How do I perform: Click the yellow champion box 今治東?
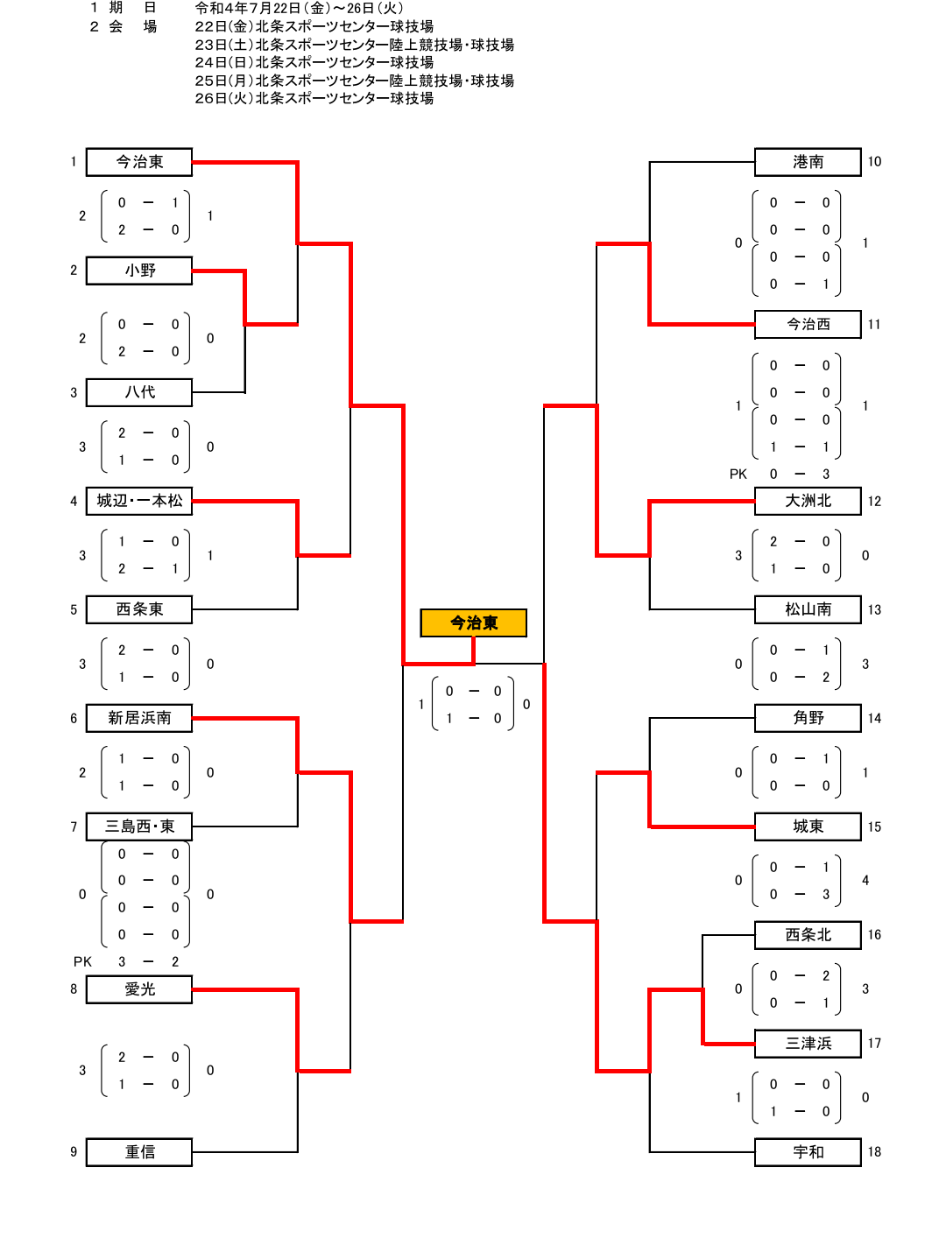[473, 622]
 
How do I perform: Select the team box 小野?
[139, 271]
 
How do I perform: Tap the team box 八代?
[139, 392]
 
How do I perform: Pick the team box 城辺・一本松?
[139, 501]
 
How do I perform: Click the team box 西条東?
[139, 609]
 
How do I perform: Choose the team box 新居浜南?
[139, 718]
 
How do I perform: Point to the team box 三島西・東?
[139, 826]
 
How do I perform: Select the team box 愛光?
[139, 989]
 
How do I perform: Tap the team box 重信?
[139, 1152]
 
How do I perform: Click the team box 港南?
[808, 162]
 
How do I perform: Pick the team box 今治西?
[808, 324]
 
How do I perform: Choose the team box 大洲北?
[808, 501]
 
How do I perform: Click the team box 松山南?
[808, 609]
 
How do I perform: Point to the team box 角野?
[808, 718]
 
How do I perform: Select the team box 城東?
[808, 826]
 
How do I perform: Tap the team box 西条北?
[808, 935]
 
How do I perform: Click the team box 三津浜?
[808, 1044]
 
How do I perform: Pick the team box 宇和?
[808, 1152]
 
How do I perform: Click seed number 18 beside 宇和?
[874, 1152]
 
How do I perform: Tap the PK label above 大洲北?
[738, 474]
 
